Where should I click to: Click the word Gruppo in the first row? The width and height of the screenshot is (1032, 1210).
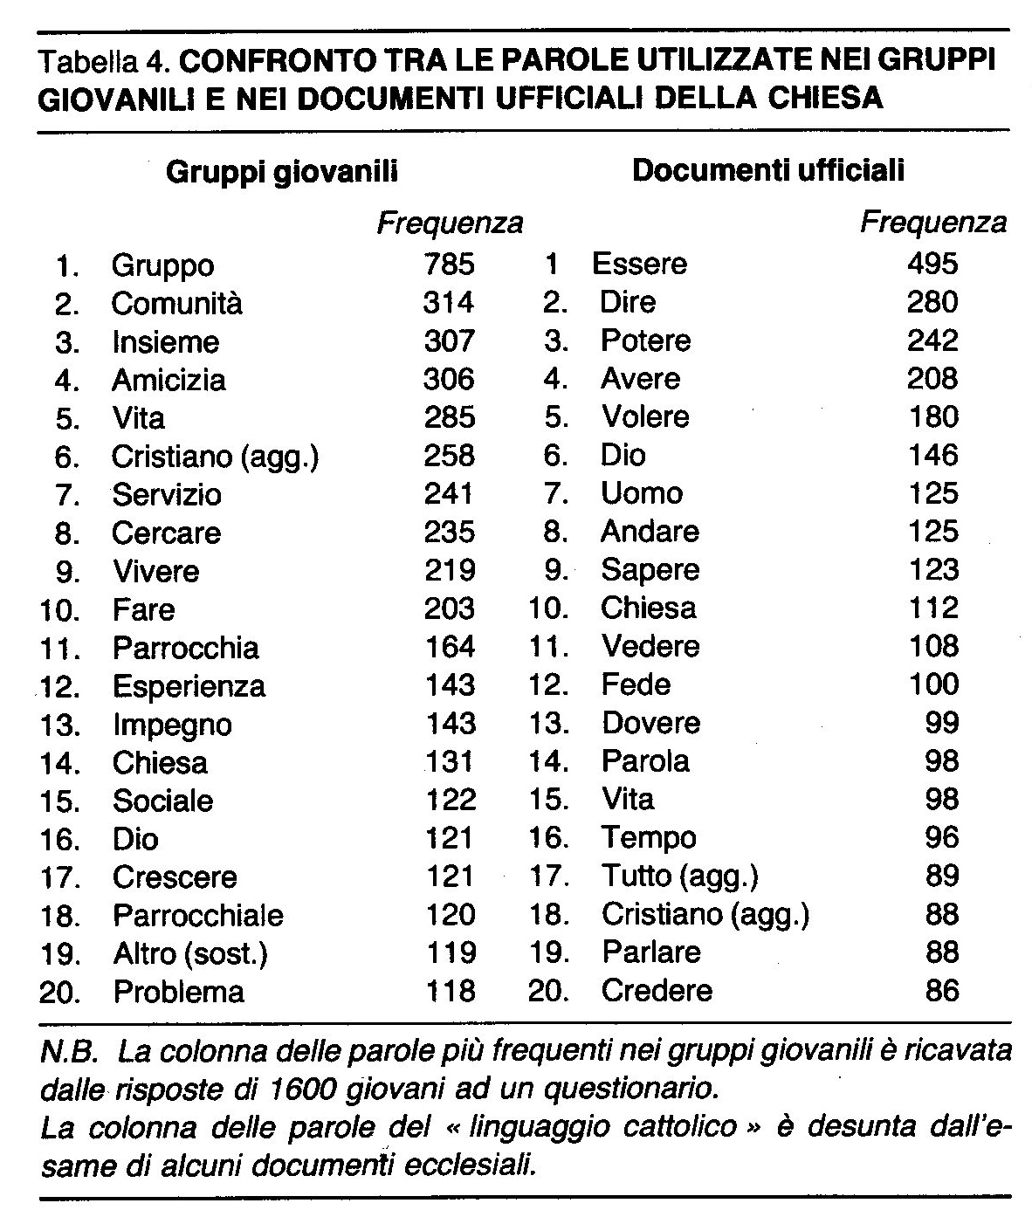(x=162, y=265)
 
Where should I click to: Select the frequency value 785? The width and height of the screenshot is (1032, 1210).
(x=449, y=264)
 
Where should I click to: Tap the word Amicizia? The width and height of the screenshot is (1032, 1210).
(x=169, y=380)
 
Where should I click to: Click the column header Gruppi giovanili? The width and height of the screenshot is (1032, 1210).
(x=281, y=171)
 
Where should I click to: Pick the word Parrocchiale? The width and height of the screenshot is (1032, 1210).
(x=198, y=915)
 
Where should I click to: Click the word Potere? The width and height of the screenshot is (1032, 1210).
(x=645, y=340)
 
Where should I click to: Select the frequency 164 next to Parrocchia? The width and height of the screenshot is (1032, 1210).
(x=449, y=647)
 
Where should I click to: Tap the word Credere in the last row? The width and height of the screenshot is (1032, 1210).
(x=657, y=991)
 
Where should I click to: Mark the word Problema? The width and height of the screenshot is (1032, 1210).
(x=178, y=992)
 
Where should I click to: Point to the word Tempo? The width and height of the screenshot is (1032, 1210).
(x=649, y=838)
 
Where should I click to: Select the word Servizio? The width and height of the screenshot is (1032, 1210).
(x=167, y=495)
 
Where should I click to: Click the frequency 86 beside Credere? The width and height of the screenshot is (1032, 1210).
(x=941, y=991)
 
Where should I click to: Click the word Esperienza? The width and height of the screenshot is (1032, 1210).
(x=189, y=685)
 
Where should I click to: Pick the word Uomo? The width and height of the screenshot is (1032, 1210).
(x=642, y=493)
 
